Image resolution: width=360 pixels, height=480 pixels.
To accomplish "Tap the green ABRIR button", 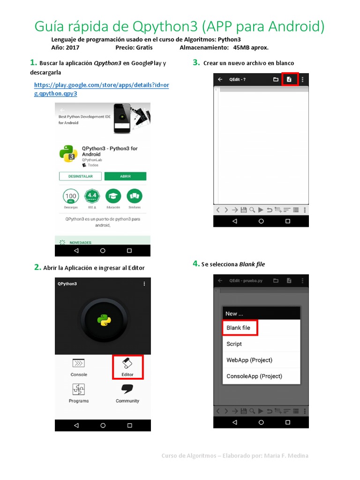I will tap(125, 176).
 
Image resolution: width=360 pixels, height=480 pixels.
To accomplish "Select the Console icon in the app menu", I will tap(79, 363).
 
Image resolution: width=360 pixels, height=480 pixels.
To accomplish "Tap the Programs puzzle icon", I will tap(79, 390).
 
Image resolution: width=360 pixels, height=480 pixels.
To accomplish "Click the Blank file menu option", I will tap(239, 328).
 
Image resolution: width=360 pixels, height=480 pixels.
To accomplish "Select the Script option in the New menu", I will tap(234, 344).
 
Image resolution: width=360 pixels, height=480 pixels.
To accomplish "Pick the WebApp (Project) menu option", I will tap(249, 360).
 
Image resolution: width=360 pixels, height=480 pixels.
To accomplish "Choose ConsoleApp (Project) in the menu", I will tap(254, 376).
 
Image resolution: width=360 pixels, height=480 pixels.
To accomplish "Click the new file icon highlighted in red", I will tap(289, 79).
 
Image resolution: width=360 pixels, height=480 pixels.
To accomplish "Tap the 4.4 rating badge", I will tap(91, 195).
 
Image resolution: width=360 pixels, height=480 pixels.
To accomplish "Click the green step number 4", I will tap(196, 264).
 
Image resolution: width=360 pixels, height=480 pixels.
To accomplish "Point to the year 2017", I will tap(73, 48).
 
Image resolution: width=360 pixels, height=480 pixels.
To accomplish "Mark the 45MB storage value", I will tap(240, 48).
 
